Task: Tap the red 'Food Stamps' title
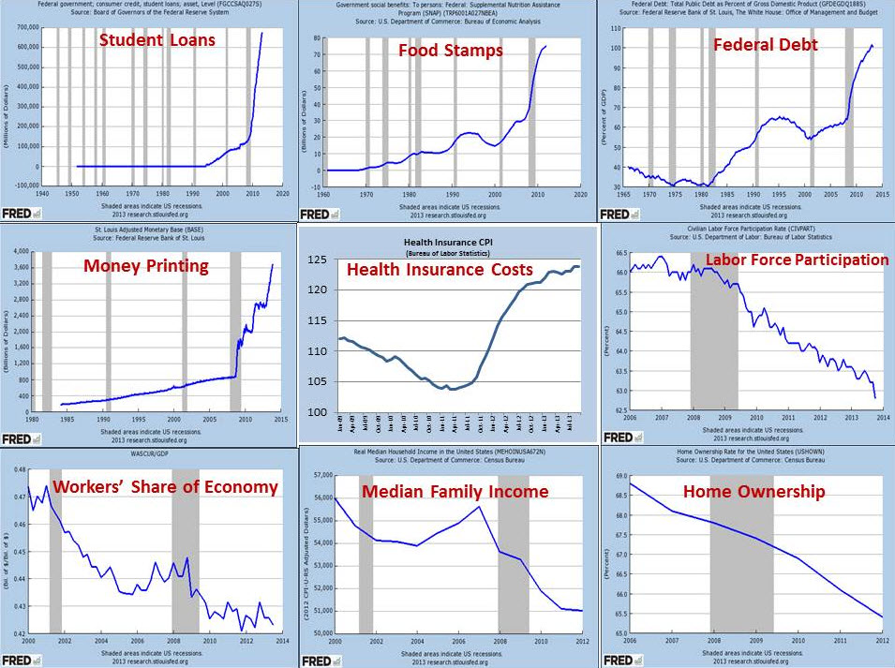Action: click(x=451, y=50)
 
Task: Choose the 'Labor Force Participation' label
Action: click(x=797, y=260)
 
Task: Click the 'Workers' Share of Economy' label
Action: click(x=165, y=486)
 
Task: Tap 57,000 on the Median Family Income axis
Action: click(x=321, y=476)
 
